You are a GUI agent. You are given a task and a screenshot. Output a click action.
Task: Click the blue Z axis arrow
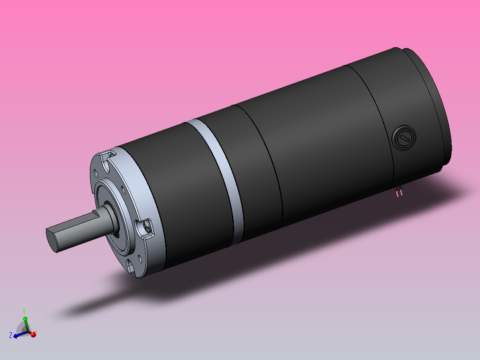coord(17,335)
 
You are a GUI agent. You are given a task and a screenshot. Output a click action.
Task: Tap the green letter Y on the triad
coord(24,311)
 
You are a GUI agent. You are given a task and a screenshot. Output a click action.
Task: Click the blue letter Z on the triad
coord(11,335)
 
